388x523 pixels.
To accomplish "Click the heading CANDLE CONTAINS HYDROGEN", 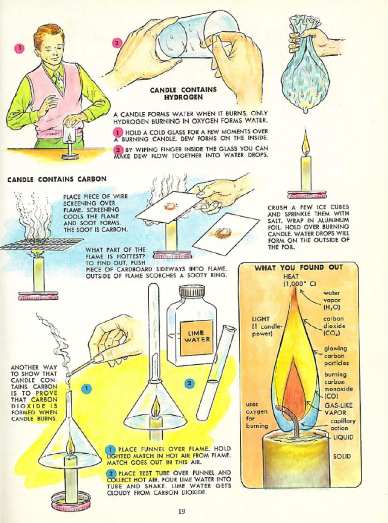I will [x=183, y=93].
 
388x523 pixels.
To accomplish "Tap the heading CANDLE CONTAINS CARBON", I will [x=56, y=179].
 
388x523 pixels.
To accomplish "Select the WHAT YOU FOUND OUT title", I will [x=298, y=268].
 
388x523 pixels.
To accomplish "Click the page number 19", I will [x=181, y=511].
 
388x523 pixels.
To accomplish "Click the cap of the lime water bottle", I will [x=192, y=292].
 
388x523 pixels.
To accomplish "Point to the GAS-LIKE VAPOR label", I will [x=338, y=409].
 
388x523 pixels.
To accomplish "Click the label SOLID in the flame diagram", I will [x=342, y=456].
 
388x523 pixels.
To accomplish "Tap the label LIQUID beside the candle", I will [x=343, y=437].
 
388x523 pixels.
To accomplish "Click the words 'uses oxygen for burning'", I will [x=257, y=415].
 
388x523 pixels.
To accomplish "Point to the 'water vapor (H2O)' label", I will [x=332, y=300].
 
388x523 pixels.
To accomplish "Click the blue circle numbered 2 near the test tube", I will [x=190, y=383].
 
